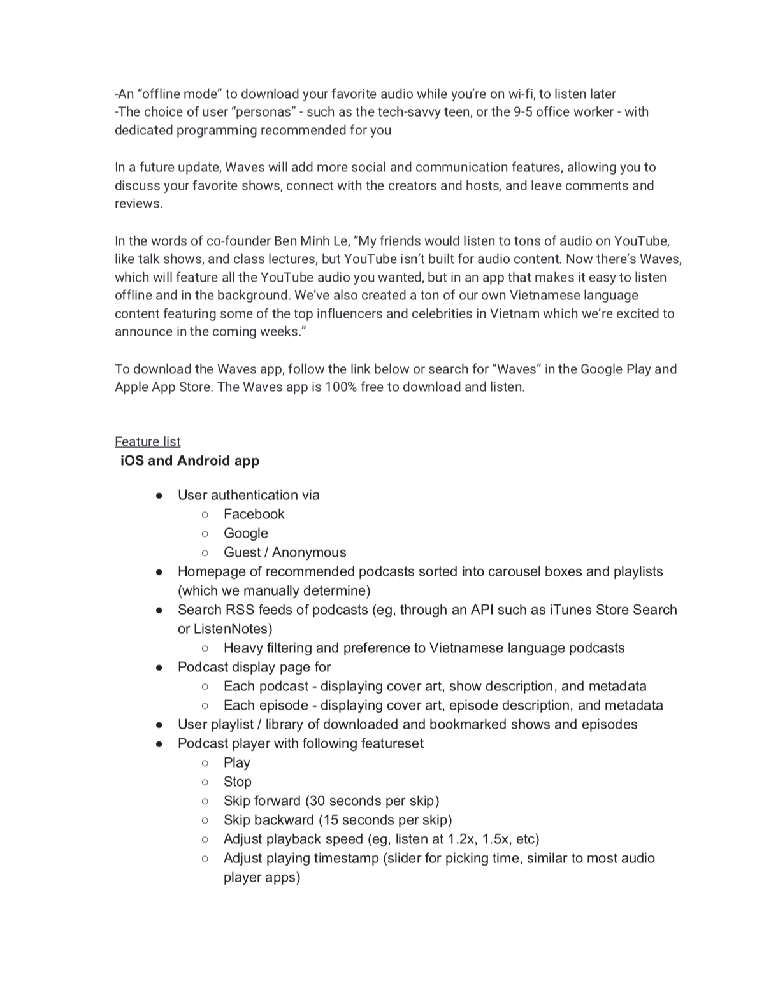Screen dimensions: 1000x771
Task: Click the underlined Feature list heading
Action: point(147,441)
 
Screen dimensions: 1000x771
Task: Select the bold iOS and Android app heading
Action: point(190,461)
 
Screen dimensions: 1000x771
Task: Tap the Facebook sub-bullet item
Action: point(254,514)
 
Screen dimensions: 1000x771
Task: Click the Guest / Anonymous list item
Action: point(285,552)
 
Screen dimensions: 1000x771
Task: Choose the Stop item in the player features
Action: point(237,782)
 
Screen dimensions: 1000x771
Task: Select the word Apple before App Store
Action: point(133,387)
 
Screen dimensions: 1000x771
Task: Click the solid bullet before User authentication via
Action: point(159,496)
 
